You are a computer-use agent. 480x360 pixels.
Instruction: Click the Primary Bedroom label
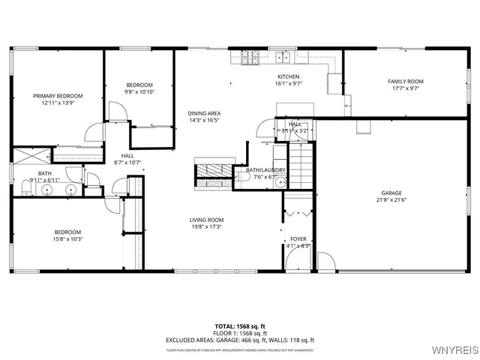coord(58,96)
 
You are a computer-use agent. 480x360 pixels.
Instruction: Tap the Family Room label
coord(405,81)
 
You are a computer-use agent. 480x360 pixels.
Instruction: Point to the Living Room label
coord(206,220)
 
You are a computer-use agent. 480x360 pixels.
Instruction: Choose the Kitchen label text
coord(289,76)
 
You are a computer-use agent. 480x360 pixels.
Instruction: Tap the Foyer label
coord(299,239)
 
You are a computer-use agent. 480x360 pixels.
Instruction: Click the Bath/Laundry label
coord(265,170)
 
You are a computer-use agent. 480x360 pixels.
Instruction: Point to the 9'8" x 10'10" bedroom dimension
coord(139,91)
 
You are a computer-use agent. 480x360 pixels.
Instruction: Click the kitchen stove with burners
coord(250,56)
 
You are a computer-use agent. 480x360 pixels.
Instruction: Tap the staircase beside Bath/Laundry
coord(299,167)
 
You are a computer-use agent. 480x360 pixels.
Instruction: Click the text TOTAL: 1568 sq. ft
coord(239,326)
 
